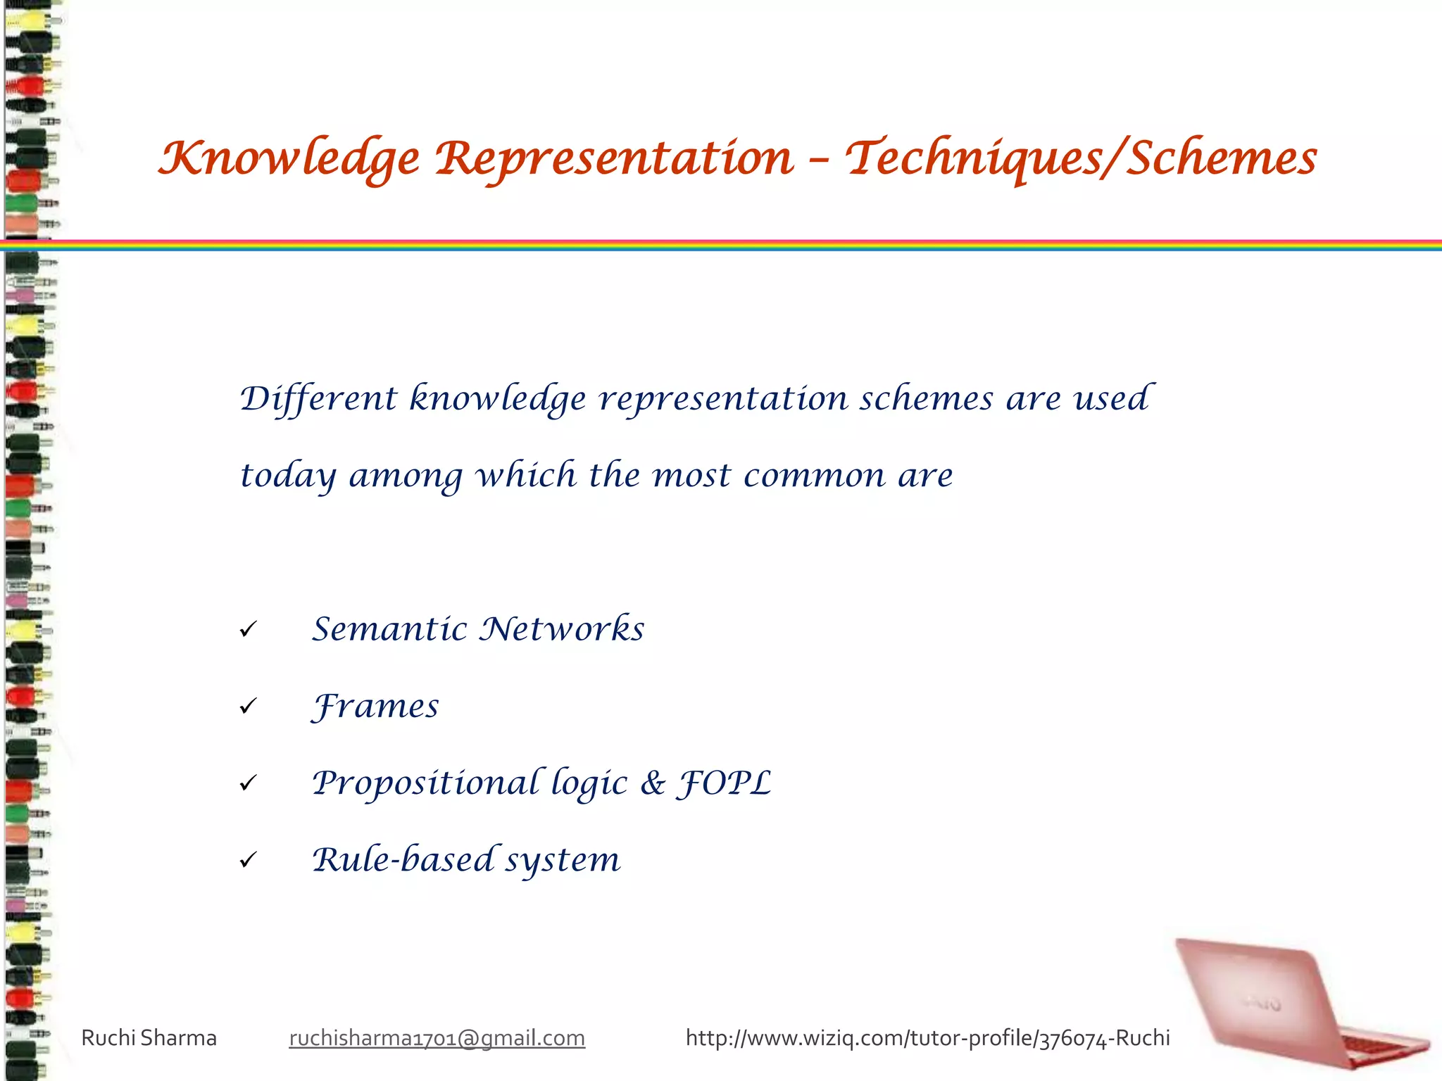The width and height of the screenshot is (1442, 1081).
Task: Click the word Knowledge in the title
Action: (x=289, y=158)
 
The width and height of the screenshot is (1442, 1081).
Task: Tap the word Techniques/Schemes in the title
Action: (x=1081, y=158)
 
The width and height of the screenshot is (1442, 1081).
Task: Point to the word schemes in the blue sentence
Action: (x=926, y=399)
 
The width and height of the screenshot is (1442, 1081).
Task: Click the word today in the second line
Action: (x=287, y=476)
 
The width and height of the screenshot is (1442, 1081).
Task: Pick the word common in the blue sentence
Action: (x=814, y=476)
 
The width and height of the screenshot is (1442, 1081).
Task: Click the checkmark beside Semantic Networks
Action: (x=248, y=629)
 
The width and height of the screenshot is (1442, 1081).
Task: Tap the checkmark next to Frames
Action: (x=248, y=706)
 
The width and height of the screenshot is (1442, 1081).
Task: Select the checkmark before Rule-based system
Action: (x=248, y=860)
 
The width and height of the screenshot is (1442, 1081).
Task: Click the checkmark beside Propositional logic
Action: (x=248, y=783)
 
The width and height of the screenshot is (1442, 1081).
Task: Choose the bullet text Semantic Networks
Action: (x=478, y=629)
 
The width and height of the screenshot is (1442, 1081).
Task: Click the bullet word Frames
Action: (x=375, y=707)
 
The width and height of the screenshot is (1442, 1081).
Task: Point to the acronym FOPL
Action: (x=724, y=783)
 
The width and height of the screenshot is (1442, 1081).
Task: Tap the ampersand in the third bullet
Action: (x=653, y=783)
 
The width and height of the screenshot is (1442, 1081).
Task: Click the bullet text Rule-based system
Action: (x=466, y=860)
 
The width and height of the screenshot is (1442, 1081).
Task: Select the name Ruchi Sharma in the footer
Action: (x=149, y=1038)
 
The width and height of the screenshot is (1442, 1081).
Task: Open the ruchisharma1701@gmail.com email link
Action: (x=437, y=1038)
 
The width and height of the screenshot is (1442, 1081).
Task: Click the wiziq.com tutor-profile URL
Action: (x=927, y=1038)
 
